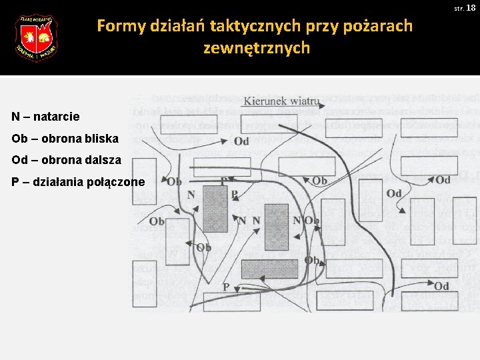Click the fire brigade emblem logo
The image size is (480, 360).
(36, 38)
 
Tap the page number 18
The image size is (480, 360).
(471, 8)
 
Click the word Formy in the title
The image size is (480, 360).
(117, 26)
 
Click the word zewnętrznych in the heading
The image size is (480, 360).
(256, 48)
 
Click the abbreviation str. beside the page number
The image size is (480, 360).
(459, 9)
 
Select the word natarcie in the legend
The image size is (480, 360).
(57, 117)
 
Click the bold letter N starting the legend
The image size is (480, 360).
(16, 117)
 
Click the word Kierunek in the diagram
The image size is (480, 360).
(265, 101)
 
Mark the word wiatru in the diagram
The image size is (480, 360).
(304, 101)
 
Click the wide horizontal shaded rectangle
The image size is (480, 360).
(269, 269)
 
